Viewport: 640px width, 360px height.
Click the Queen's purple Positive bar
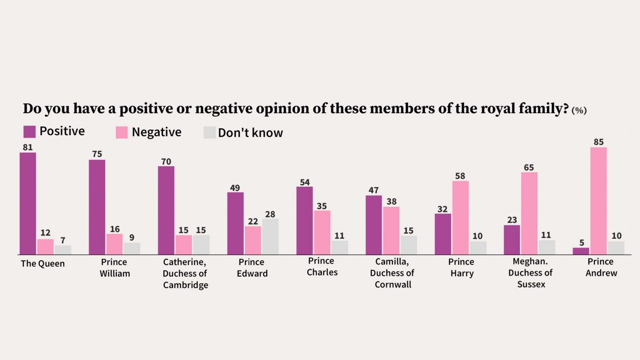28,203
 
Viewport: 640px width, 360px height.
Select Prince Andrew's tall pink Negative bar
598,201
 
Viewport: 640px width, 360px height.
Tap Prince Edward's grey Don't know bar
270,237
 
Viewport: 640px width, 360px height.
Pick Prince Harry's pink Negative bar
460,218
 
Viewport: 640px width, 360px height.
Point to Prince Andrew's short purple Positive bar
581,251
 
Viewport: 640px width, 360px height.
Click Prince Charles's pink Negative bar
322,232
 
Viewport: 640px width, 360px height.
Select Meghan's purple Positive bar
512,240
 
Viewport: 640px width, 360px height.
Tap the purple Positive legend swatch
30,132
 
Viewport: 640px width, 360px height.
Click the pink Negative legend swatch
122,132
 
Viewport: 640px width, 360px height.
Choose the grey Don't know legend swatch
210,132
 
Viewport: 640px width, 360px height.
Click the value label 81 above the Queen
28,147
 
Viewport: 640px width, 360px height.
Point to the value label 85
599,142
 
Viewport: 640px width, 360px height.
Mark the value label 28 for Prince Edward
270,214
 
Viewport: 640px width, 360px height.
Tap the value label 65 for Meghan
529,167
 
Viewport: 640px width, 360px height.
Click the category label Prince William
115,268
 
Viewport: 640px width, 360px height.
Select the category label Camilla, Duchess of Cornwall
392,273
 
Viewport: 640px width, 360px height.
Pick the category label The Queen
42,263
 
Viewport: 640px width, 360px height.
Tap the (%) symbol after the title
579,110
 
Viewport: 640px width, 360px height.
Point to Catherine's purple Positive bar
166,210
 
